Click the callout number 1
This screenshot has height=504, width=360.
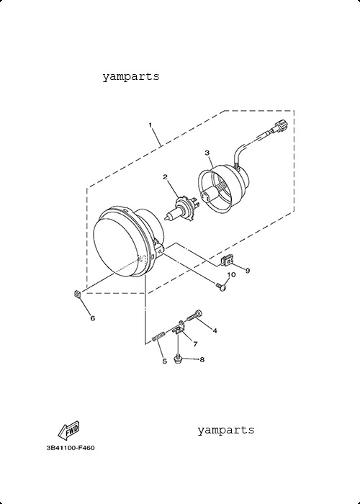(150, 125)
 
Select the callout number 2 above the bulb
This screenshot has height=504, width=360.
(165, 177)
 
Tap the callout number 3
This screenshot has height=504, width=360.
(207, 153)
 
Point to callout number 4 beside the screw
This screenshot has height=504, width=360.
(215, 330)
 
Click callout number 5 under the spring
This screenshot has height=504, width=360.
(165, 361)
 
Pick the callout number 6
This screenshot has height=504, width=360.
(93, 318)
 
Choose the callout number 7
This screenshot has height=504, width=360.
(195, 344)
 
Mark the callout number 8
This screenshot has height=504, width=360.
(202, 359)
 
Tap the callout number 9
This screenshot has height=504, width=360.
(248, 271)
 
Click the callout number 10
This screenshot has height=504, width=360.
(231, 274)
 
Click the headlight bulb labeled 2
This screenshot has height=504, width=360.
(180, 210)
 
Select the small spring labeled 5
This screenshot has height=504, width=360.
(158, 336)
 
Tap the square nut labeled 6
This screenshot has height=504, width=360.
(78, 294)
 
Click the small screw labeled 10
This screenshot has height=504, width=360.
(221, 287)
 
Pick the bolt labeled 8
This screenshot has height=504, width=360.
(178, 358)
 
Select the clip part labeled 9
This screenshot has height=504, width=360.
(228, 260)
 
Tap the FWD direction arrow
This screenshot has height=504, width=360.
(68, 430)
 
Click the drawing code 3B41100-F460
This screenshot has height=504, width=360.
(71, 448)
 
